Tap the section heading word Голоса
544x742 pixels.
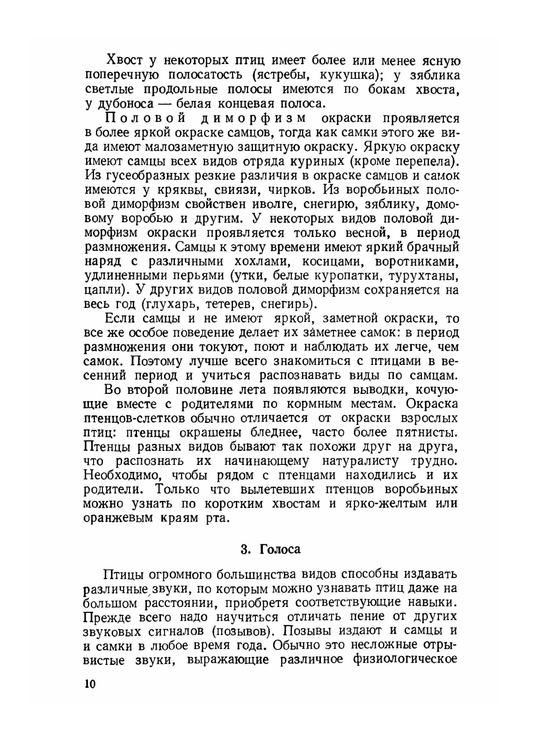pyautogui.click(x=280, y=549)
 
